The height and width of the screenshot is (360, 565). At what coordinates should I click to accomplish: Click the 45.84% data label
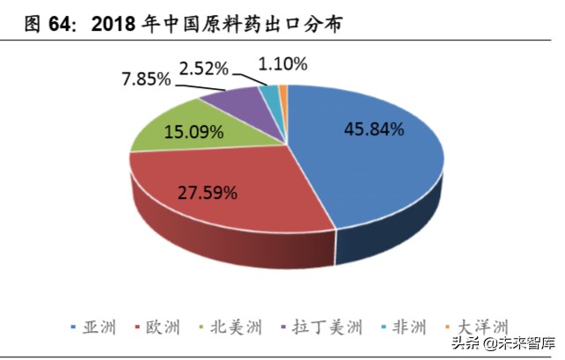(x=373, y=129)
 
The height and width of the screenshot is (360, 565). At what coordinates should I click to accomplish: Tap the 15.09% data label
(x=193, y=134)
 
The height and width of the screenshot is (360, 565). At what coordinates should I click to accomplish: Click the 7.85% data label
(x=146, y=80)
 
